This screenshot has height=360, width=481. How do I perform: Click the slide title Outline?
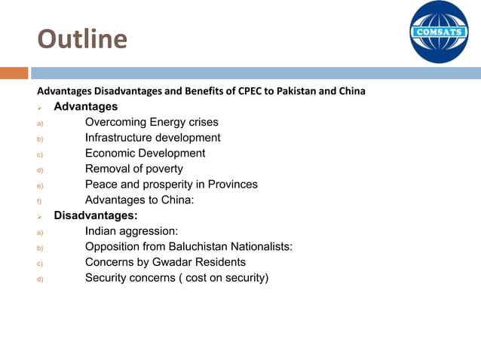point(82,38)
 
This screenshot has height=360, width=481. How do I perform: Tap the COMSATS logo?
point(439,32)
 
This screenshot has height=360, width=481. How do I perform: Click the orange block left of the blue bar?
point(14,73)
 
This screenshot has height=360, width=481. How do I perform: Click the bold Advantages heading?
point(85,107)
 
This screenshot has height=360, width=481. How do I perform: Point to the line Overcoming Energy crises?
point(152,122)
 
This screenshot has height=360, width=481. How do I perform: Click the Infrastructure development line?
point(152,138)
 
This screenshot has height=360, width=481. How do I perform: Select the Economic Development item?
point(145,153)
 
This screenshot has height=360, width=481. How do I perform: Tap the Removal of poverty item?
point(133,169)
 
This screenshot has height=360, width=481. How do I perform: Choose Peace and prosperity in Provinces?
point(171,185)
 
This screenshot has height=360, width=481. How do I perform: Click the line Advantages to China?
point(139,200)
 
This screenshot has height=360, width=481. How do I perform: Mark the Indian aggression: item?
point(131,231)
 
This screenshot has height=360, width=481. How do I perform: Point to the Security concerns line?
point(176,278)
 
